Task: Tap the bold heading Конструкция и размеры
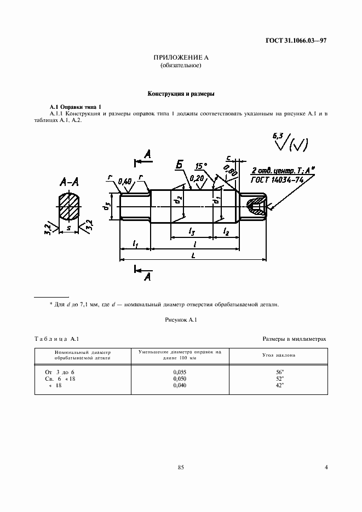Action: pyautogui.click(x=181, y=94)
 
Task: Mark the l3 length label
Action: pyautogui.click(x=192, y=232)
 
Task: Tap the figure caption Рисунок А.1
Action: pyautogui.click(x=181, y=319)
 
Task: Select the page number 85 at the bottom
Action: pyautogui.click(x=181, y=467)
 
